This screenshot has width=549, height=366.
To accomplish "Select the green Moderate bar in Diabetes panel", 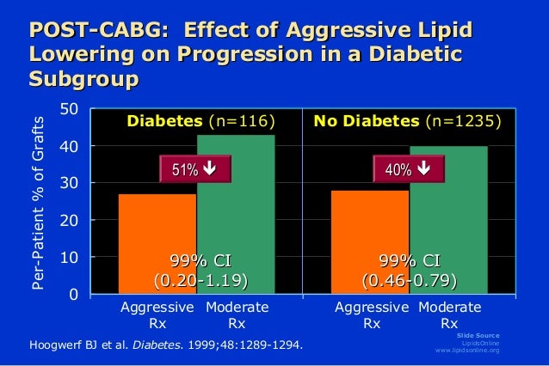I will [236, 215].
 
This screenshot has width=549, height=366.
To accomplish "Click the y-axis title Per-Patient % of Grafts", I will [38, 202].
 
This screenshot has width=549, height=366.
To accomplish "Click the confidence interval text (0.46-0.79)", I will [410, 280].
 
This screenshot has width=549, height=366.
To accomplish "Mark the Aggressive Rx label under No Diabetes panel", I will [372, 315].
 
